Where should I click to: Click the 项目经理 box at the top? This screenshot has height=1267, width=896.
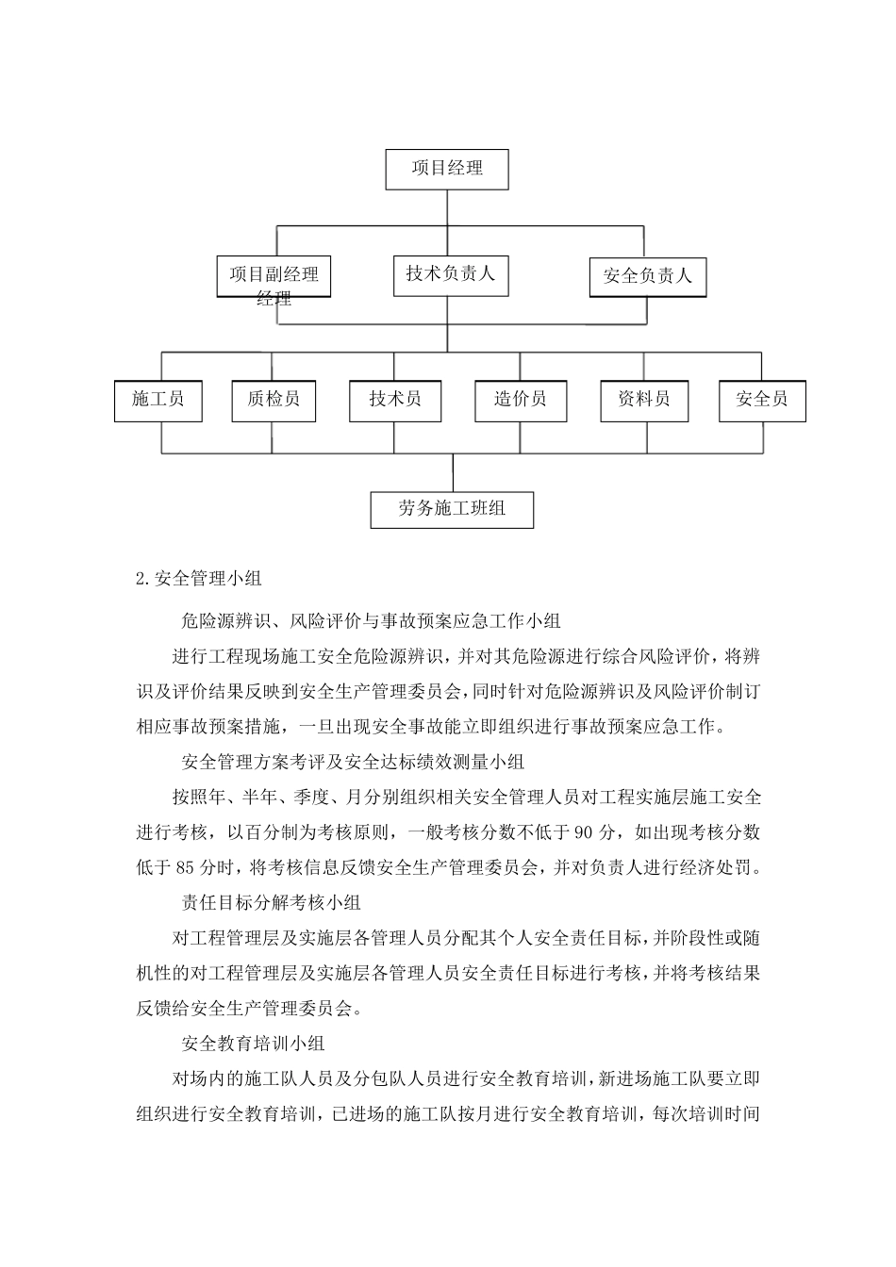click(447, 169)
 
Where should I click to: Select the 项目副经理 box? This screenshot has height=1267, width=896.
click(274, 276)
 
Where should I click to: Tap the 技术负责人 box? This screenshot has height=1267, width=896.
click(450, 274)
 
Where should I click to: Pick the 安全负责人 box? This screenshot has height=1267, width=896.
click(648, 277)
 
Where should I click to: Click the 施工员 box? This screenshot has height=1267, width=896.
click(158, 400)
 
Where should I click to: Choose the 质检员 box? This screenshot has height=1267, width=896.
click(274, 400)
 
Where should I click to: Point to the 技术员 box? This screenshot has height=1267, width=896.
click(394, 400)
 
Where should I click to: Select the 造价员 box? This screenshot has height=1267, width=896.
click(520, 400)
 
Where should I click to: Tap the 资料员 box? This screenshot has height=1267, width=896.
click(644, 400)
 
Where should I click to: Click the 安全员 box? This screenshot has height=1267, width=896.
click(761, 400)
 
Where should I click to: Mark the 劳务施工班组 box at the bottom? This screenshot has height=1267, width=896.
click(453, 509)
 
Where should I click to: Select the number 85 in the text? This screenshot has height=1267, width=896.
click(184, 867)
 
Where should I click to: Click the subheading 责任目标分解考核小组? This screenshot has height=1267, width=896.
click(271, 903)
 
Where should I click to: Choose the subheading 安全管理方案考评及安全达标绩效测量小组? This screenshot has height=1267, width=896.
click(353, 762)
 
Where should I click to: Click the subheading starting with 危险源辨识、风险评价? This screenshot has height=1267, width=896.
click(371, 620)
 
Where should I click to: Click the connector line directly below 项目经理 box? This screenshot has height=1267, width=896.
click(447, 207)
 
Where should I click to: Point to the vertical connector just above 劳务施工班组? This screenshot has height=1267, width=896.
click(453, 472)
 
